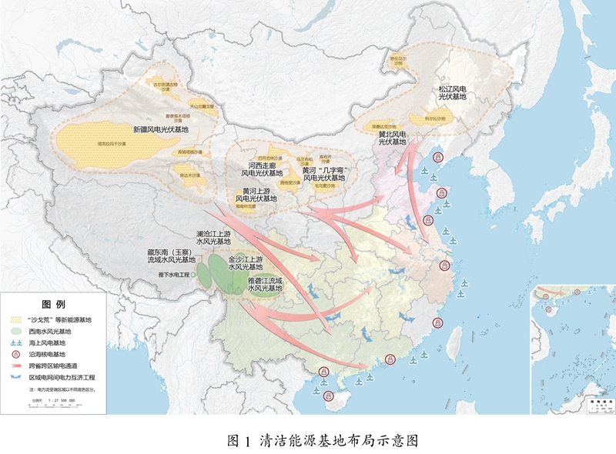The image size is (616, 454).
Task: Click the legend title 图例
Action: (x=53, y=305)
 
